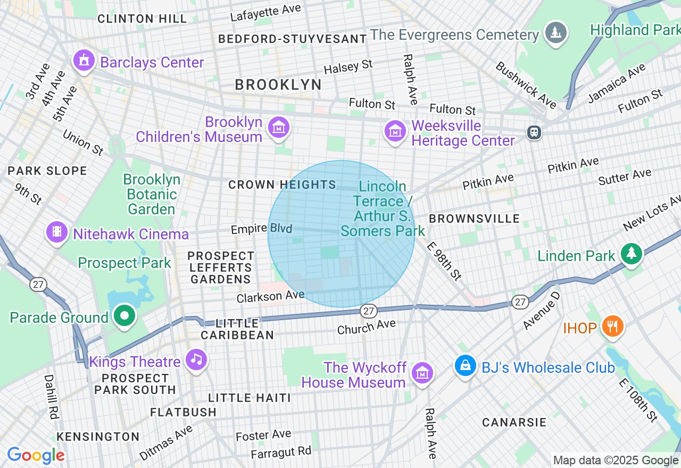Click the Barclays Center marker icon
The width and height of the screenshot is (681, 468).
click(x=84, y=61)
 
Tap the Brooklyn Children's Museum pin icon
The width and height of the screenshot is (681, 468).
click(x=279, y=128)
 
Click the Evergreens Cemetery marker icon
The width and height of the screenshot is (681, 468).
click(x=556, y=32)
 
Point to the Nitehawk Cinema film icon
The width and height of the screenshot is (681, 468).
click(x=56, y=232)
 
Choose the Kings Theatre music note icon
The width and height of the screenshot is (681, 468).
click(x=197, y=360)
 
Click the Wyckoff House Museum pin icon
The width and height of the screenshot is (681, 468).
click(x=422, y=373)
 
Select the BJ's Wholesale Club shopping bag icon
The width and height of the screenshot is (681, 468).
click(x=466, y=365)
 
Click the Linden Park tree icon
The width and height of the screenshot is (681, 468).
click(x=632, y=253)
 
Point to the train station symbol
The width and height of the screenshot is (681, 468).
click(x=534, y=132)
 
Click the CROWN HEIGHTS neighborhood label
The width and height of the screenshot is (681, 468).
click(x=282, y=185)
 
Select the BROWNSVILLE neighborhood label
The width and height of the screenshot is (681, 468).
click(x=474, y=219)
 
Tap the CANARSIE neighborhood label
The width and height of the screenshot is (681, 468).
click(x=514, y=422)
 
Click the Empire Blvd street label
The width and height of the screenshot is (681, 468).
click(x=261, y=229)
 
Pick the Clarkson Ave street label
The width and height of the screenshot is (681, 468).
click(x=271, y=296)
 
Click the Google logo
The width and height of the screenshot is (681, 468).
click(x=36, y=456)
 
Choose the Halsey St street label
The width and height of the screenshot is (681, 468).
click(x=348, y=67)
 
